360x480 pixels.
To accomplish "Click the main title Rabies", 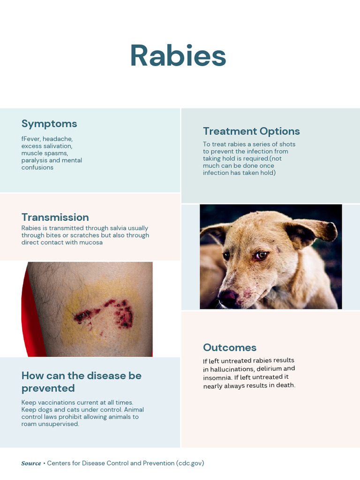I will point(178,56).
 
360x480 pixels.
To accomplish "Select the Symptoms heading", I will point(49,124).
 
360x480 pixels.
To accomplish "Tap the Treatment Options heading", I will point(251,131).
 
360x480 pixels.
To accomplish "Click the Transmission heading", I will point(55,217).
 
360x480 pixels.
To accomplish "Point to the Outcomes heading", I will point(230,347).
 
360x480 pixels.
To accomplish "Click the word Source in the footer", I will point(31,464).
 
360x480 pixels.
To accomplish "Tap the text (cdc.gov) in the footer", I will point(190,464).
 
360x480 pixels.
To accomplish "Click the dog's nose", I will point(229,298).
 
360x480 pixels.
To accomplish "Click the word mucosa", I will point(91,242).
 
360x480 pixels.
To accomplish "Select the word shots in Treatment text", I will point(286,144).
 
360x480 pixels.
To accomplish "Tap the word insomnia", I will point(217,378).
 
